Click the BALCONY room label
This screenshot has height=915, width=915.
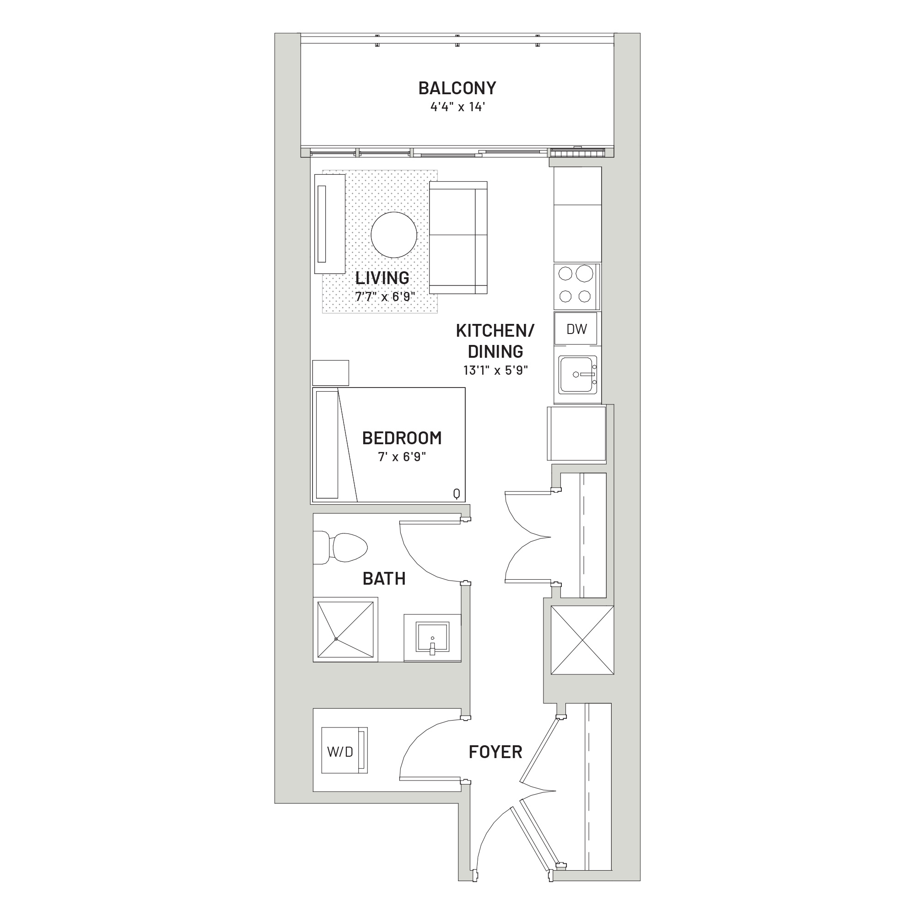pos(457,88)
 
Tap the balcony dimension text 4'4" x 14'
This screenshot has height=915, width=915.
pos(457,107)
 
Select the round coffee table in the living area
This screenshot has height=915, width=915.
pos(394,234)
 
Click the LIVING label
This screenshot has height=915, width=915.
pos(382,278)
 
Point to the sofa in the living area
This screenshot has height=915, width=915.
pos(458,237)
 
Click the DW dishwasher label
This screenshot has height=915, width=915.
pos(576,329)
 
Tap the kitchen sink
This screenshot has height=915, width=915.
pos(577,374)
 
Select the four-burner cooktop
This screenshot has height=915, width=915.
pos(576,286)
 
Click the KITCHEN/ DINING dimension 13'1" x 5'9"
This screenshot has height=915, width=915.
pos(495,371)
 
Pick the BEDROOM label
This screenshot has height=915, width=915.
pos(402,438)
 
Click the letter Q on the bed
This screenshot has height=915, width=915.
pos(457,494)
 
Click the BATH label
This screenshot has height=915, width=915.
pos(384,578)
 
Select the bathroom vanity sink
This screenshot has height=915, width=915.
pos(432,637)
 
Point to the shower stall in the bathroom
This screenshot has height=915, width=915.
pos(345,630)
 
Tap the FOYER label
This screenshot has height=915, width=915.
pos(495,752)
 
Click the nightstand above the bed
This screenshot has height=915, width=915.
pos(331,373)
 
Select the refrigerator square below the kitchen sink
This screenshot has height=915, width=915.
pos(576,433)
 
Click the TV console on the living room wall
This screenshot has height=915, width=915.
pos(329,224)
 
